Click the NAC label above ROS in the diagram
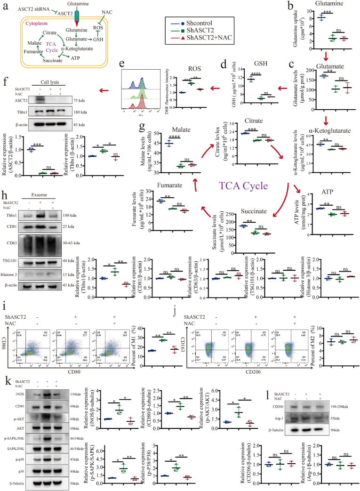(107, 10)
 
